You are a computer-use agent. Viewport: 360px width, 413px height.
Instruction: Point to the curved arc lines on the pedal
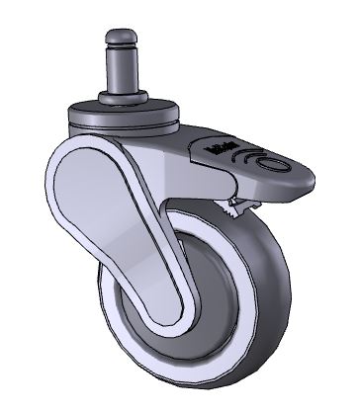259,157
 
